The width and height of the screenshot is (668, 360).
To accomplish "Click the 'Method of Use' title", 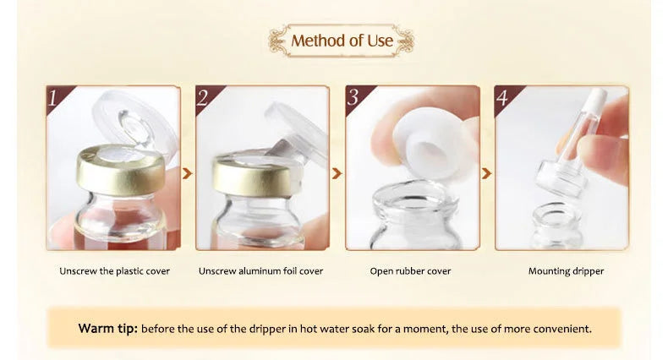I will (341, 41).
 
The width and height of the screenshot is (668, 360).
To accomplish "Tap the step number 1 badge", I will (55, 98).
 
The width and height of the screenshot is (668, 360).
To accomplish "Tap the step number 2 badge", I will (203, 98).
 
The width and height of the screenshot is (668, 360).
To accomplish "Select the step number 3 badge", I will (353, 98).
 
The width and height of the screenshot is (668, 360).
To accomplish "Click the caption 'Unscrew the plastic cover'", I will (114, 271).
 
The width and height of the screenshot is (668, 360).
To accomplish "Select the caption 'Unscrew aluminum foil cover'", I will (260, 271).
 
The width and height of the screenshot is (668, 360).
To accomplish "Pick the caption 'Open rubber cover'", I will (410, 271).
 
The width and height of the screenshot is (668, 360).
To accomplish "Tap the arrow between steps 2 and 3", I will (337, 173).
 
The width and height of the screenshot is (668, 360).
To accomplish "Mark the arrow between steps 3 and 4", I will (486, 173).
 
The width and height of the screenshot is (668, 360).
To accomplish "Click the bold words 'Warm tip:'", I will (107, 328).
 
